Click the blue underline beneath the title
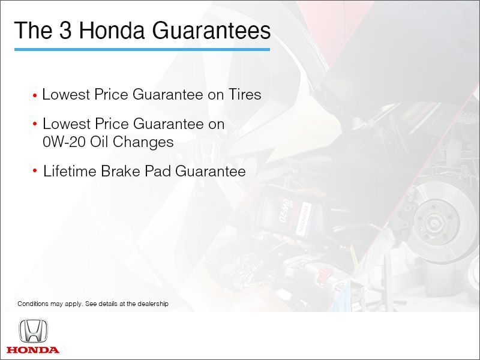click(142, 49)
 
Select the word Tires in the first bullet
click(245, 94)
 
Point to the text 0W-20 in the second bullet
click(61, 142)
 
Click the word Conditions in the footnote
click(33, 304)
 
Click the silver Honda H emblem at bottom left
click(33, 331)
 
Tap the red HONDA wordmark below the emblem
click(33, 350)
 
